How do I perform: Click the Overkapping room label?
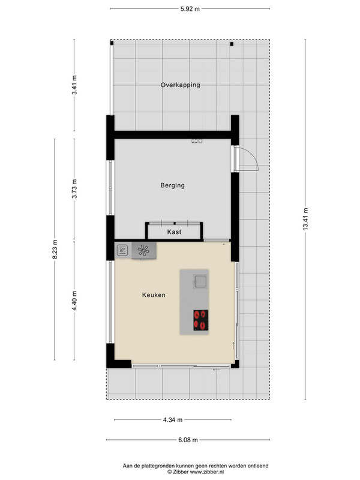pos(181,85)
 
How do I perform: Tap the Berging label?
pos(173,185)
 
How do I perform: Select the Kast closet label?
pos(174,232)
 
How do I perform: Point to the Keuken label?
pos(154,295)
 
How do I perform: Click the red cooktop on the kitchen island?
pos(201,320)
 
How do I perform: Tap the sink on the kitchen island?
pos(200,281)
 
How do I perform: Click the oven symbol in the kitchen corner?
pos(122,250)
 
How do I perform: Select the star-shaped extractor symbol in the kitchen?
pos(143,251)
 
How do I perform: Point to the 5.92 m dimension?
pos(190,9)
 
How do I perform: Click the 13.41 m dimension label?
pos(305,219)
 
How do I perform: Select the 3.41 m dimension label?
pos(74,85)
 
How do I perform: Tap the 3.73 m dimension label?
pos(74,189)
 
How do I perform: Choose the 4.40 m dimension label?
pos(74,301)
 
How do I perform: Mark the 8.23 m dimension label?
pos(55,249)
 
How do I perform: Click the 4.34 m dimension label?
pos(173,419)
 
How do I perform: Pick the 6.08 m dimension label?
pos(188,440)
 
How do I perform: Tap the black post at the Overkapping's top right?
pos(232,44)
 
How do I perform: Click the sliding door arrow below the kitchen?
pos(217,370)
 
